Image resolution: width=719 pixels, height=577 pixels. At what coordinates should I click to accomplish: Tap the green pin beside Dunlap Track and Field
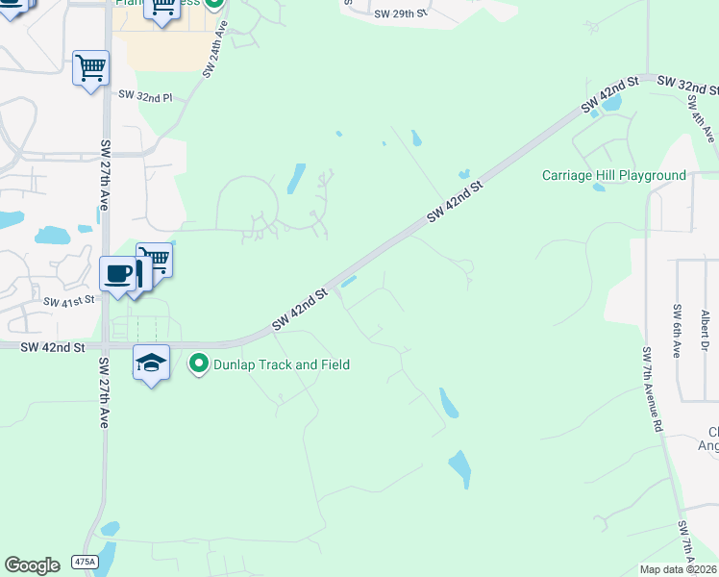[199, 364]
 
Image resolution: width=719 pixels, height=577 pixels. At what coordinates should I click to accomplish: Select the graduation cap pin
[151, 363]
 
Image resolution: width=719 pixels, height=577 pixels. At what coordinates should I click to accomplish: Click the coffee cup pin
[118, 273]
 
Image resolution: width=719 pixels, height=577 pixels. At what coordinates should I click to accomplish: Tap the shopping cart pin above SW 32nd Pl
[90, 68]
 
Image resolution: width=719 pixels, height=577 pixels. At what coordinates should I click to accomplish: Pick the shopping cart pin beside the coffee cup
[154, 258]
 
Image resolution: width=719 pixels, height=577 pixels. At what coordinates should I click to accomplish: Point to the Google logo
[32, 565]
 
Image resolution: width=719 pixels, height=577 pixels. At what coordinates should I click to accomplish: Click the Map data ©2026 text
[679, 569]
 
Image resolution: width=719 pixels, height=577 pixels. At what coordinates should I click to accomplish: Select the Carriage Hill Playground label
[614, 175]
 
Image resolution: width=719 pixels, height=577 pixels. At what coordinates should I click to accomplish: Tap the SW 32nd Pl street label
[145, 96]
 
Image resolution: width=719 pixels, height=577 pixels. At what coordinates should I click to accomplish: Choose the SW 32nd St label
[687, 85]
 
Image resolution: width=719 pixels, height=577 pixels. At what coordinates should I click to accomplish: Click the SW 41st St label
[71, 301]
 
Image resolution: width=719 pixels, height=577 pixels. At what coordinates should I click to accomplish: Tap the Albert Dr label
[704, 330]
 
